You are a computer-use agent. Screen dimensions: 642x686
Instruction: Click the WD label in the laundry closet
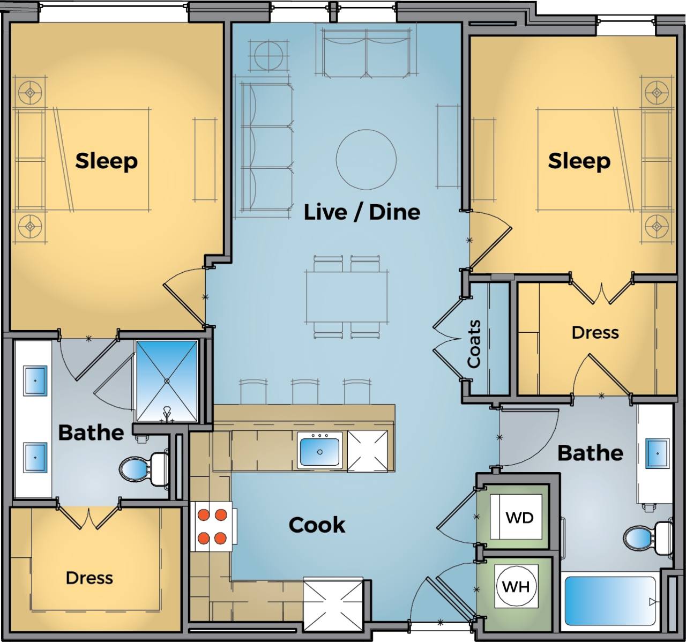(x=519, y=518)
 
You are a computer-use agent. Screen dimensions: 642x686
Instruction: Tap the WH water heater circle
(x=516, y=586)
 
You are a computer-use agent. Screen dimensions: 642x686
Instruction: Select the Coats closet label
(x=474, y=344)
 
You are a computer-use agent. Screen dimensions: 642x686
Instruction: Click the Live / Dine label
(x=362, y=212)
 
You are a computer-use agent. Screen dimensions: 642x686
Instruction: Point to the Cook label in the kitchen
(x=317, y=525)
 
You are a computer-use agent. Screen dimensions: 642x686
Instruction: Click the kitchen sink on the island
(x=319, y=451)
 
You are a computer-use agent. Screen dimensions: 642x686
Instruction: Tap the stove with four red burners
(x=212, y=526)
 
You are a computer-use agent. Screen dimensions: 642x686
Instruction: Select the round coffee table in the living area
(x=366, y=159)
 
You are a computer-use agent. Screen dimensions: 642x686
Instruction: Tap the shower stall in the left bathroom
(x=167, y=381)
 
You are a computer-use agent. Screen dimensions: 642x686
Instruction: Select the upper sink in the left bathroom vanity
(x=35, y=380)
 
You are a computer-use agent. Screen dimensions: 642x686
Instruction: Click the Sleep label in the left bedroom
(x=106, y=161)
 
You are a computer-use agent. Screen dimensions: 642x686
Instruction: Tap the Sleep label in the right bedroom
(x=579, y=161)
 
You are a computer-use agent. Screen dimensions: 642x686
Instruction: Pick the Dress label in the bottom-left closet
(x=89, y=578)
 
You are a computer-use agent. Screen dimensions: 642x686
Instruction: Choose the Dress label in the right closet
(x=595, y=332)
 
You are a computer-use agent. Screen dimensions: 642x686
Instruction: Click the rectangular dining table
(x=347, y=296)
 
